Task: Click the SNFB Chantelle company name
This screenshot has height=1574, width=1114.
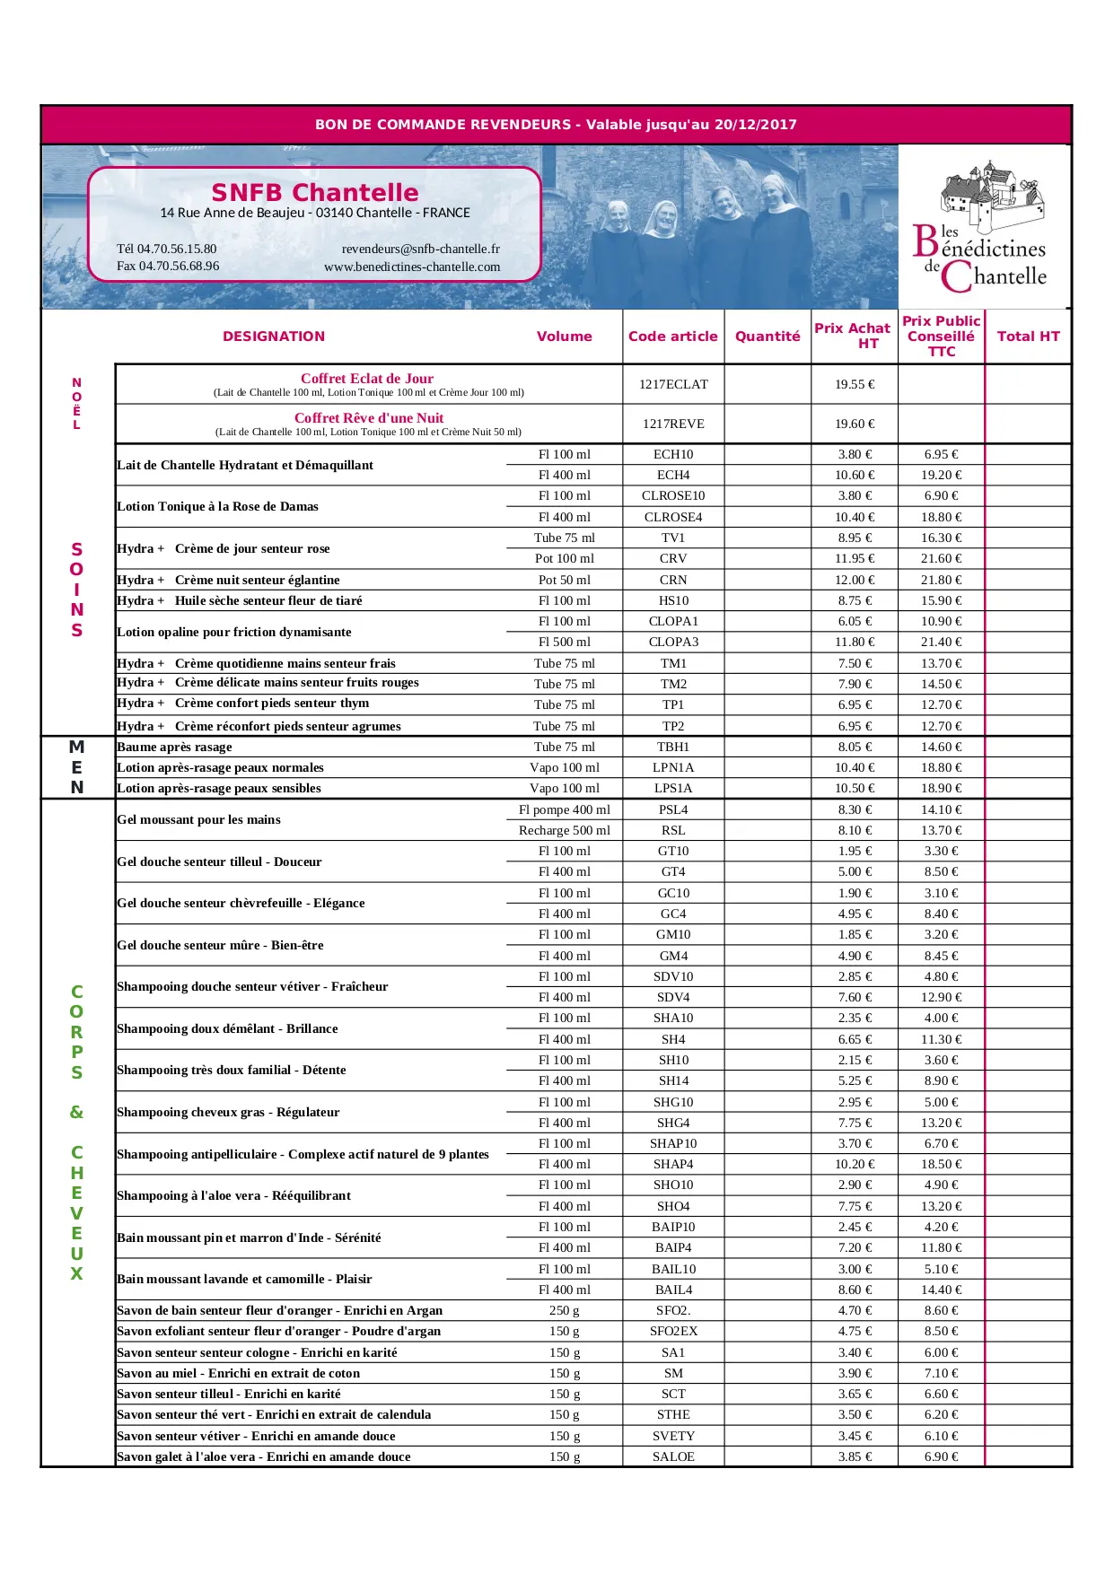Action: click(x=315, y=193)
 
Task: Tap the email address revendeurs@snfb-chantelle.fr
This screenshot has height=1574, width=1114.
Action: click(x=420, y=249)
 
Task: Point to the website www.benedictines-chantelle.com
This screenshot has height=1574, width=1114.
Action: click(x=412, y=267)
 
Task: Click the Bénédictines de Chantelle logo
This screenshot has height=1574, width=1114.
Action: click(x=985, y=229)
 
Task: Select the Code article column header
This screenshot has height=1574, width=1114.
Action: click(x=672, y=337)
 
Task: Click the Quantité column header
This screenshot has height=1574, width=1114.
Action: click(x=768, y=337)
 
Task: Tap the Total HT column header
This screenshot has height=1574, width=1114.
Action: click(x=1028, y=337)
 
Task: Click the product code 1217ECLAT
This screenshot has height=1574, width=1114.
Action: click(x=673, y=384)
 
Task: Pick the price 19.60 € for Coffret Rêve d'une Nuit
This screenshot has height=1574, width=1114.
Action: click(x=854, y=424)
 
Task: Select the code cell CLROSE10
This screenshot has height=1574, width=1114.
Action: click(x=673, y=495)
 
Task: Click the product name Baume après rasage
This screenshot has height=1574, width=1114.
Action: click(x=174, y=747)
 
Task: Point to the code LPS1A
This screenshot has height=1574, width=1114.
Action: click(x=673, y=788)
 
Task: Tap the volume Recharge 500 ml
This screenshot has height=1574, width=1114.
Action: click(x=564, y=830)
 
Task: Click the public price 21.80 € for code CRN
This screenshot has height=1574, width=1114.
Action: click(x=941, y=580)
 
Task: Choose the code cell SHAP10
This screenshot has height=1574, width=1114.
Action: click(x=673, y=1143)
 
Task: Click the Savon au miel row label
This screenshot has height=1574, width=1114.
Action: click(x=238, y=1373)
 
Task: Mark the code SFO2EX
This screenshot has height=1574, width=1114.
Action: click(x=673, y=1331)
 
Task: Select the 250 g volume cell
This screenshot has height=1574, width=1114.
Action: click(x=564, y=1310)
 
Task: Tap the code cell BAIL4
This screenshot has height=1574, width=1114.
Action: click(x=673, y=1290)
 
